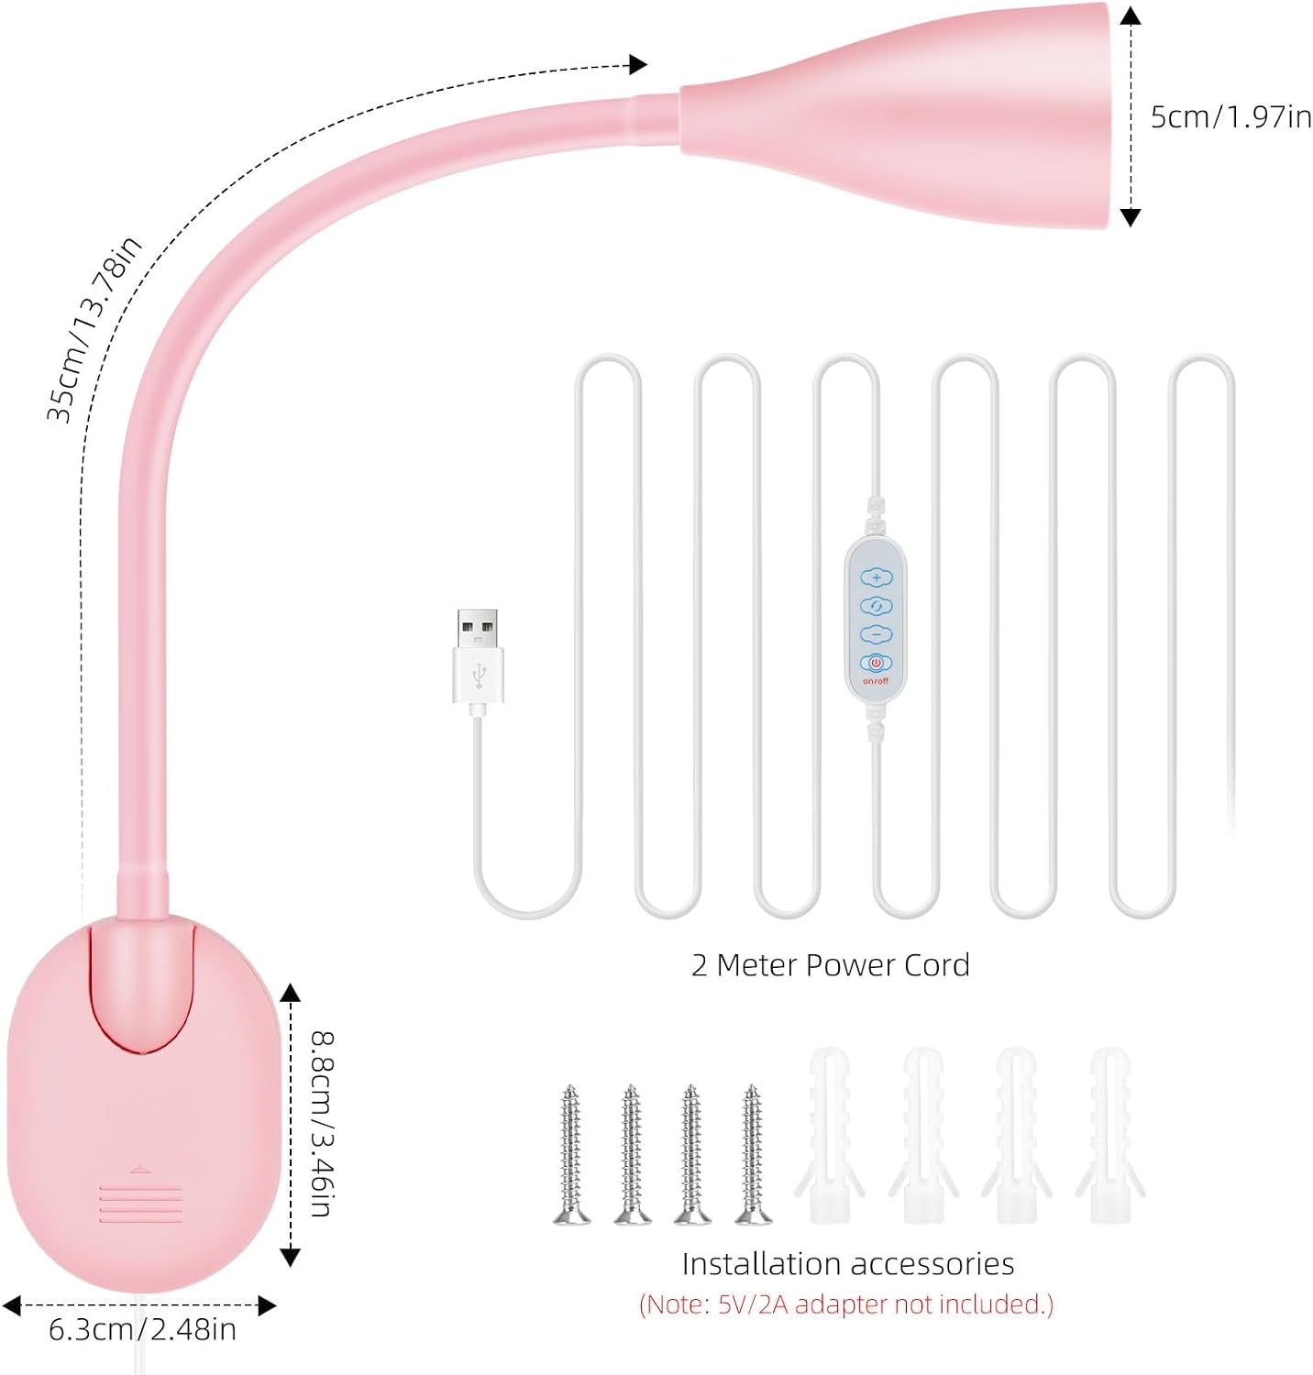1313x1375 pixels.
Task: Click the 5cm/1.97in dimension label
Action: [x=1230, y=117]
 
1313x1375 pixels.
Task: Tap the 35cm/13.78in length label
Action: [x=94, y=328]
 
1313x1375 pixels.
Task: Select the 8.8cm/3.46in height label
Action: [x=322, y=1124]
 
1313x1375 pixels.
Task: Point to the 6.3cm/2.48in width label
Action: [x=142, y=1329]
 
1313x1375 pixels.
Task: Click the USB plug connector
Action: [x=478, y=656]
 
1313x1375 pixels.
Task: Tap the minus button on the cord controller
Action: [x=876, y=634]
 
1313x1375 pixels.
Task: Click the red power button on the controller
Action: [x=876, y=663]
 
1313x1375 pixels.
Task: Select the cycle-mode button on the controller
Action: [x=876, y=606]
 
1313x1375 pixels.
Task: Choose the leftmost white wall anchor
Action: [x=830, y=1136]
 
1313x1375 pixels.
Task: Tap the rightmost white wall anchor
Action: [x=1110, y=1136]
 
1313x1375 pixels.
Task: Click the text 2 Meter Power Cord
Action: [x=831, y=965]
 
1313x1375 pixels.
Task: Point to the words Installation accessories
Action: [x=848, y=1264]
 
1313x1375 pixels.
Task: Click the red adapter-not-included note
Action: [x=846, y=1304]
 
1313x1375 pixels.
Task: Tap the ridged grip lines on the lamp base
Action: [x=140, y=1204]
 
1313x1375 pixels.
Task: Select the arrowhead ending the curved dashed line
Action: [x=638, y=64]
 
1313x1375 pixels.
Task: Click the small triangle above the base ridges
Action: [x=140, y=1168]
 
